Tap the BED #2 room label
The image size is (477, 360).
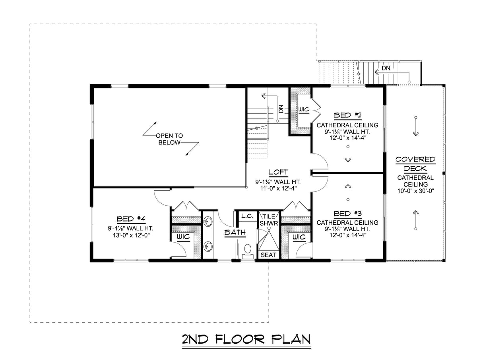pyautogui.click(x=347, y=115)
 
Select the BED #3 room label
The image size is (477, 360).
pyautogui.click(x=347, y=213)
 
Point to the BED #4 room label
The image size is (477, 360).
pyautogui.click(x=130, y=219)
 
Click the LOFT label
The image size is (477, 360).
pyautogui.click(x=278, y=173)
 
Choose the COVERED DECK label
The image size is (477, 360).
pyautogui.click(x=415, y=164)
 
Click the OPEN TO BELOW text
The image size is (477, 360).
pyautogui.click(x=169, y=139)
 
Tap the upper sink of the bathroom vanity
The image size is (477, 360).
pyautogui.click(x=208, y=221)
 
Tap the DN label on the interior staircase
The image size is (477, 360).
pyautogui.click(x=281, y=109)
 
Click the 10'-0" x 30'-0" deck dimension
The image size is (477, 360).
pyautogui.click(x=415, y=191)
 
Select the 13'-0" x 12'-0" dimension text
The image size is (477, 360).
pyautogui.click(x=130, y=235)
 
